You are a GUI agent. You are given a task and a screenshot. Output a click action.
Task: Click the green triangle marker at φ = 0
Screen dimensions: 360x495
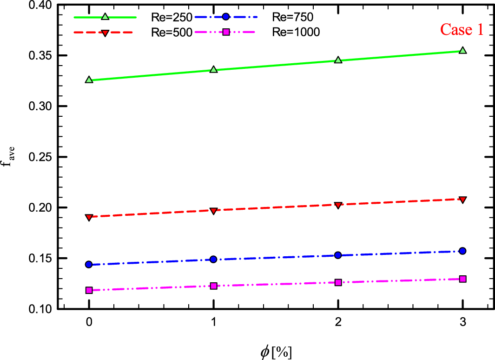click(89, 80)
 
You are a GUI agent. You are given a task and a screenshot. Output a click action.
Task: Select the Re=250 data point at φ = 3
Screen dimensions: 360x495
click(462, 50)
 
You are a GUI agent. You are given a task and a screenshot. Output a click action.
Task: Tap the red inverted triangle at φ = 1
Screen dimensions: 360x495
click(213, 211)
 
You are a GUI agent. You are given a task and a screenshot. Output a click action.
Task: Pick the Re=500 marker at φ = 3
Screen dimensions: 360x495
click(462, 200)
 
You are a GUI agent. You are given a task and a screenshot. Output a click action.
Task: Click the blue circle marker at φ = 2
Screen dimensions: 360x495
click(338, 255)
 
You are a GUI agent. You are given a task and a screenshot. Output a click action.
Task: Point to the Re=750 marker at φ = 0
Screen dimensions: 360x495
click(89, 265)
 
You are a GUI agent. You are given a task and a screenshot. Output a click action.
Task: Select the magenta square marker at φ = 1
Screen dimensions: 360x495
click(213, 286)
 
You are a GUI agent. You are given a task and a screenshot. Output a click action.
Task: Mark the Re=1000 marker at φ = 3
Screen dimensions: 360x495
click(462, 279)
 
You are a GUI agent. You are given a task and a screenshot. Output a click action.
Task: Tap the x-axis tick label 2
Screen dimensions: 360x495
click(338, 324)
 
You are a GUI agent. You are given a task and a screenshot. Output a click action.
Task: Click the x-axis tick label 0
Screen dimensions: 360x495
click(89, 324)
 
